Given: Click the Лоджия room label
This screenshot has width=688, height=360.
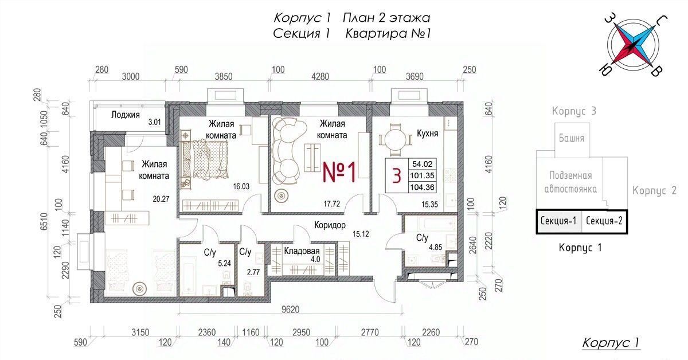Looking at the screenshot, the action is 126,115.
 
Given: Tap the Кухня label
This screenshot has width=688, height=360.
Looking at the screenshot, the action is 427,134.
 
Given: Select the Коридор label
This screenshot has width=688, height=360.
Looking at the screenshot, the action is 330,225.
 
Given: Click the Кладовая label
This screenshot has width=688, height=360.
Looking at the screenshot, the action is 302,251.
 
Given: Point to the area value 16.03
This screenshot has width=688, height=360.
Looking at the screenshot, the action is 241,186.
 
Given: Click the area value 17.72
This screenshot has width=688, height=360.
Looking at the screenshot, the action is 332,204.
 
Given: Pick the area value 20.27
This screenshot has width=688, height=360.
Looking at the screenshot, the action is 161,199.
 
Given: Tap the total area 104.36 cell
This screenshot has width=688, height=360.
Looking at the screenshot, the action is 423,187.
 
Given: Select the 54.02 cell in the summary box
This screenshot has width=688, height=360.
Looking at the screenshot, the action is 423,164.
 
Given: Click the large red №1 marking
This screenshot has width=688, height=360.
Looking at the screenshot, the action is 339,173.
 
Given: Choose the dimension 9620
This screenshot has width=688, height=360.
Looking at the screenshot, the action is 290,310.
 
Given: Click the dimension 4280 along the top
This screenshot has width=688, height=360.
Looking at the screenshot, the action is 320,76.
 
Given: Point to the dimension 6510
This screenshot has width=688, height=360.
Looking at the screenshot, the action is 44,221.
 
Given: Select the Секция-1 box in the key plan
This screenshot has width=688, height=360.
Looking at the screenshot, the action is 558,221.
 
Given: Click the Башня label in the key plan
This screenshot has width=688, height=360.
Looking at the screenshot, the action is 571,138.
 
